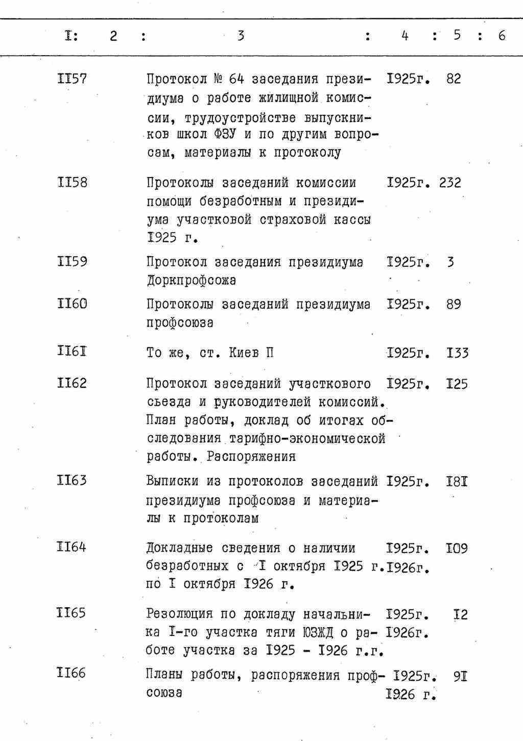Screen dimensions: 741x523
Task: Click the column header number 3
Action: (x=241, y=36)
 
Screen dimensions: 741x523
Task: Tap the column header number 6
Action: (x=502, y=35)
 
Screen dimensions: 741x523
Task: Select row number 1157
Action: (x=72, y=79)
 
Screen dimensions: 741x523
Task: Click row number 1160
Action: (x=72, y=304)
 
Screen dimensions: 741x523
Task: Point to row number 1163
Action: (x=72, y=480)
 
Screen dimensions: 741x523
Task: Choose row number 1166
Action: (x=72, y=673)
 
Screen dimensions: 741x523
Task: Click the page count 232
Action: (x=450, y=183)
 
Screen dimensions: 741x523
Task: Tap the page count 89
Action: (x=453, y=304)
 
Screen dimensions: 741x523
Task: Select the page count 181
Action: (x=457, y=481)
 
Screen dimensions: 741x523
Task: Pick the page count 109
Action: (x=457, y=549)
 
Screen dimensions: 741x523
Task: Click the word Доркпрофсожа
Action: (x=191, y=281)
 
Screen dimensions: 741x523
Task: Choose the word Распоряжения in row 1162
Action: (x=258, y=456)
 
